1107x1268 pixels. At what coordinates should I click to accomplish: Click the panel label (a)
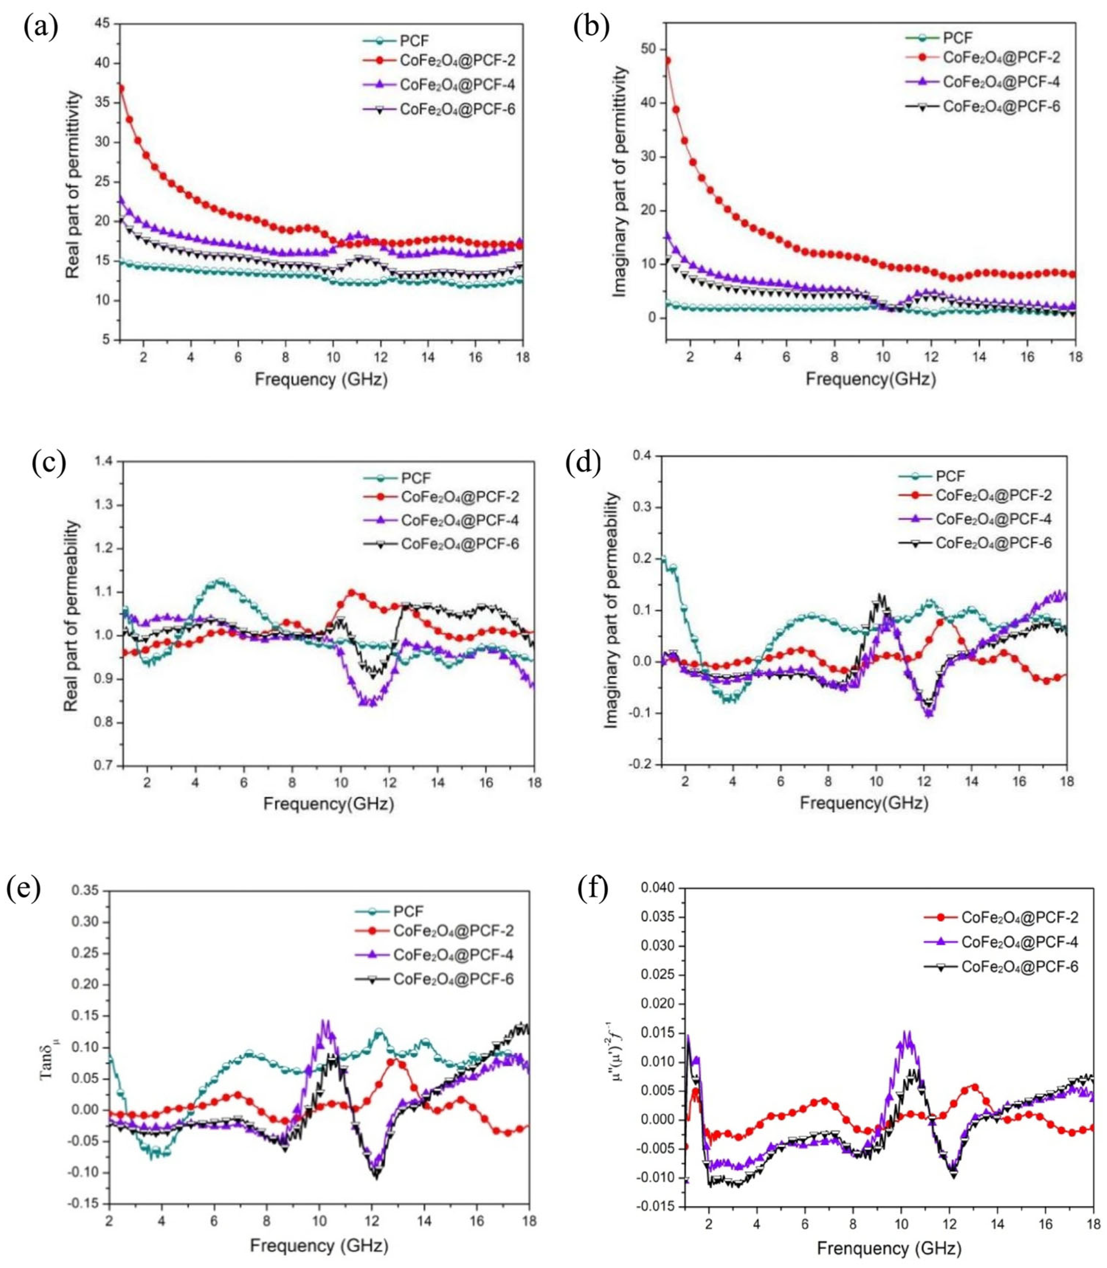click(41, 28)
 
